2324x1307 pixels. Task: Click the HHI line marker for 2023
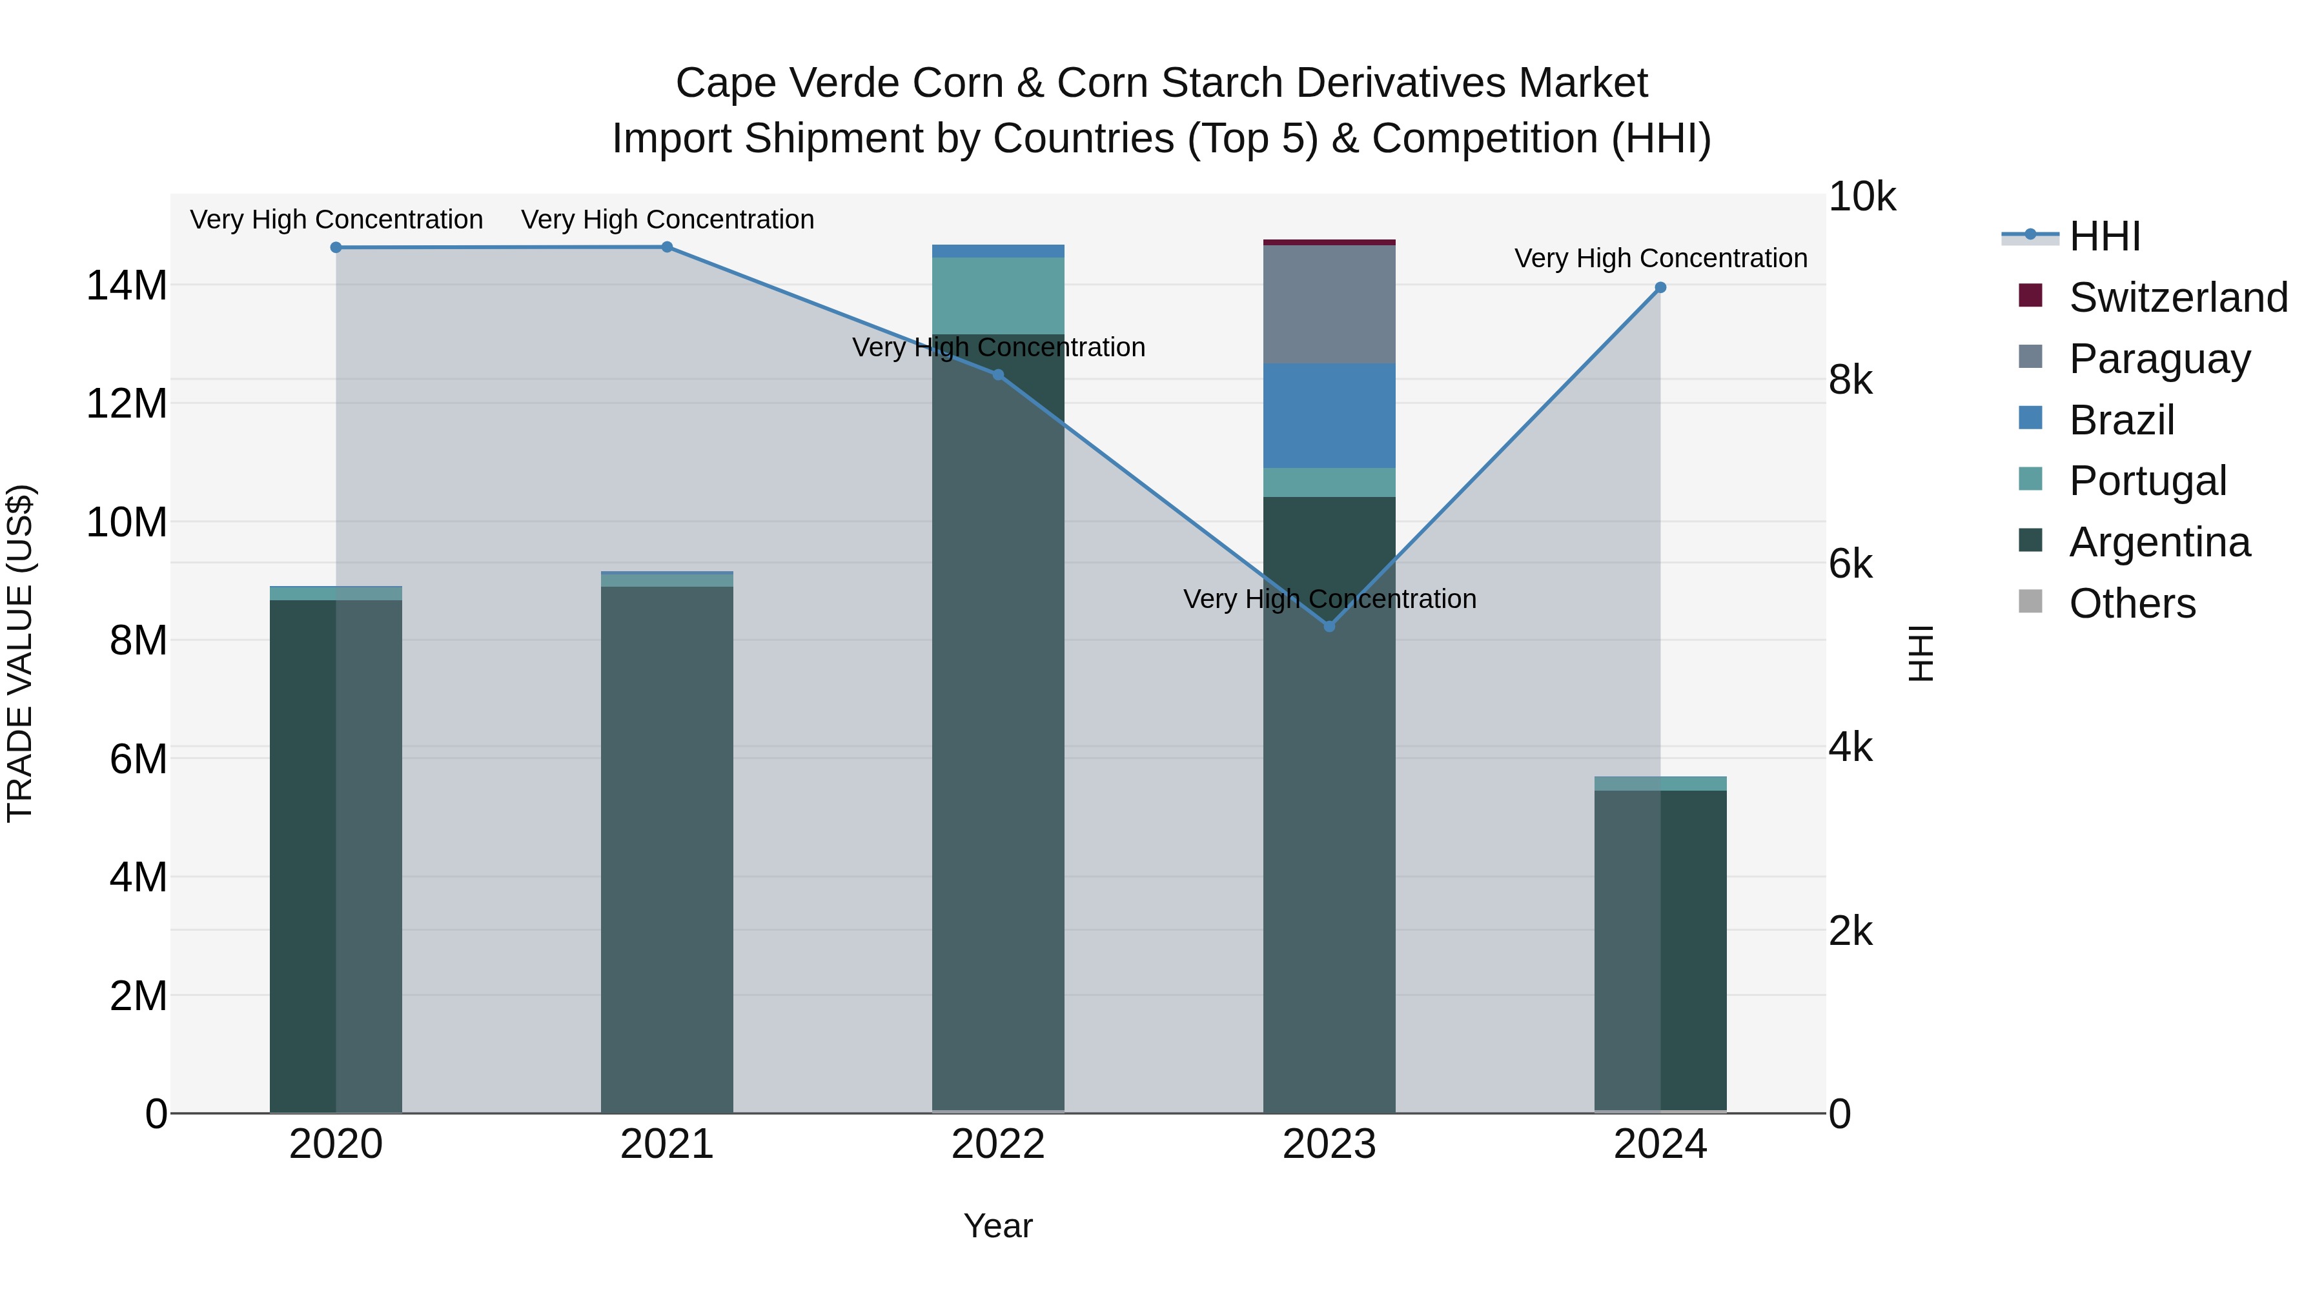[1329, 626]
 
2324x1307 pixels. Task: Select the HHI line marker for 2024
[1660, 288]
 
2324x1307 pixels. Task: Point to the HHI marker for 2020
[336, 247]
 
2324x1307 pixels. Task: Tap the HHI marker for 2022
[998, 374]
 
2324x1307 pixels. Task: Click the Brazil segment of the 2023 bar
[1329, 415]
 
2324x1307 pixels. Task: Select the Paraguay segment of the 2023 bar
[1329, 304]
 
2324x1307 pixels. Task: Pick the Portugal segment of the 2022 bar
[998, 296]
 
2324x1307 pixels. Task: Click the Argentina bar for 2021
[667, 848]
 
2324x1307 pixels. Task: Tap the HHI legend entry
[2104, 236]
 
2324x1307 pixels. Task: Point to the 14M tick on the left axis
[127, 286]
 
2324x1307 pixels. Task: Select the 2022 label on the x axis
[998, 1144]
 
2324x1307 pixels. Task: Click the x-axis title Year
[998, 1226]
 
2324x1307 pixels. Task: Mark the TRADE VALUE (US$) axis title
[20, 653]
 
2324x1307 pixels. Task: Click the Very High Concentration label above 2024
[1660, 258]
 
